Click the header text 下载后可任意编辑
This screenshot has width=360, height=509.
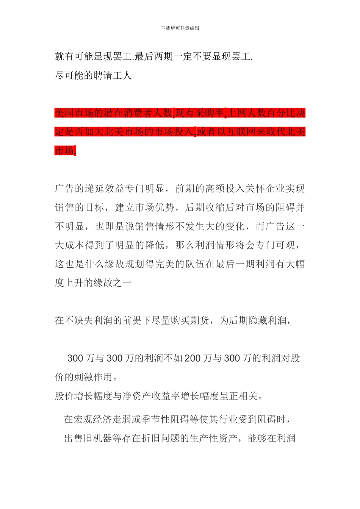(180, 28)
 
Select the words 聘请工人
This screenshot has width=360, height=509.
(112, 76)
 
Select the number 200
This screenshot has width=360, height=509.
(192, 358)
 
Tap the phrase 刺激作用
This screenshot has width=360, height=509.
(93, 377)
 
